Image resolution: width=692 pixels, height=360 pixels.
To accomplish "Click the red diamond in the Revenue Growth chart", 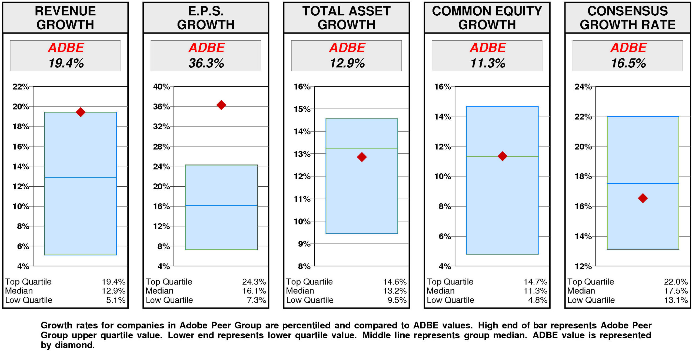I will (80, 112).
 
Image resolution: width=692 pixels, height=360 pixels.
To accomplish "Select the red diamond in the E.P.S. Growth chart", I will (221, 105).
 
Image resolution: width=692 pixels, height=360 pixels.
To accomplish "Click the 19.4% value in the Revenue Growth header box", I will (66, 63).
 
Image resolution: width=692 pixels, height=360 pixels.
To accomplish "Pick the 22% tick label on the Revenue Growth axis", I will (21, 87).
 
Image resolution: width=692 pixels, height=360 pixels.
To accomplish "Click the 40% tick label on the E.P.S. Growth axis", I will (161, 87).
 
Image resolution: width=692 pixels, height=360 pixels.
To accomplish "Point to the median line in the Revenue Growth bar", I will (80, 177).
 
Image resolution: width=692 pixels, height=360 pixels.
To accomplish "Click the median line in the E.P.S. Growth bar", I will (221, 205).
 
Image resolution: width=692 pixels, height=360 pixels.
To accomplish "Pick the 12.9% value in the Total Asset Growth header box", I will (347, 63).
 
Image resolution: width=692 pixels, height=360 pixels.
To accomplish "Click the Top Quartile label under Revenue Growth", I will (28, 282).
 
